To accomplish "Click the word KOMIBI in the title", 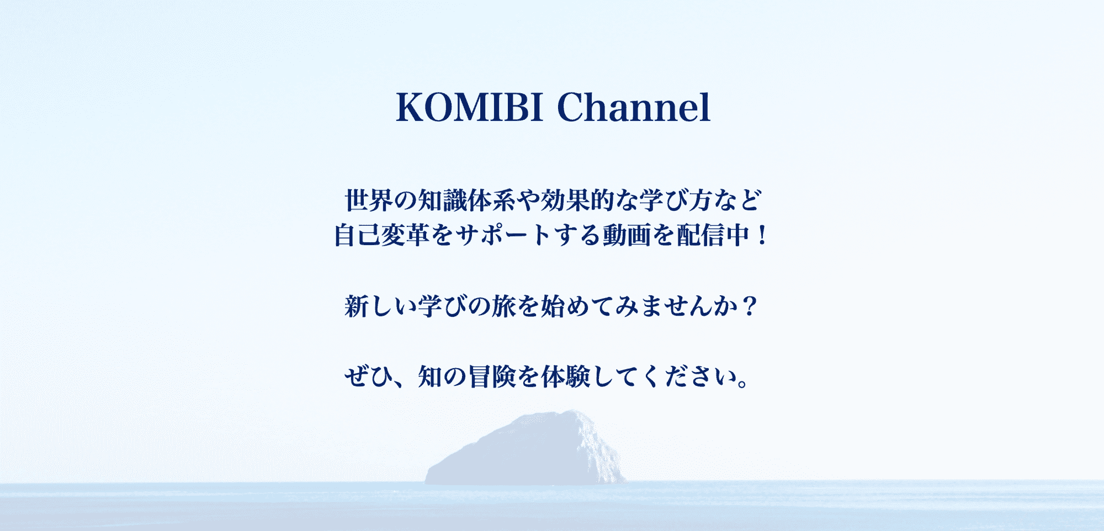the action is [470, 107].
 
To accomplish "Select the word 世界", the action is [369, 200].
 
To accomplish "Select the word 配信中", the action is [713, 235].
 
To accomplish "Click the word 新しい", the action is [381, 306].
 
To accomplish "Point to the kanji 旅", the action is [504, 306].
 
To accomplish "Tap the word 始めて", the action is [577, 306].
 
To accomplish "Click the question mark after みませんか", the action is [749, 306].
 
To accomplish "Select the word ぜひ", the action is [369, 377].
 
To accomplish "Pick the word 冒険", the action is [492, 377].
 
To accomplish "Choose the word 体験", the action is [566, 377].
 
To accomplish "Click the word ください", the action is [688, 377].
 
